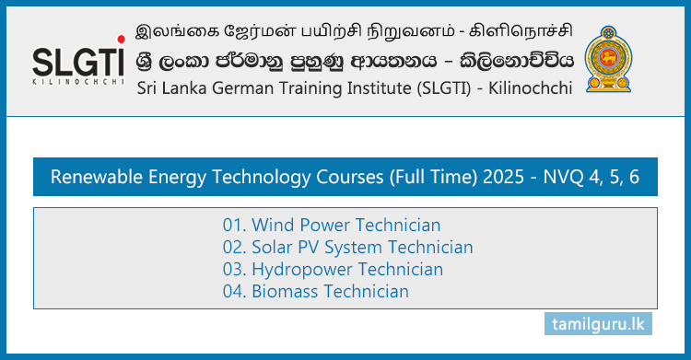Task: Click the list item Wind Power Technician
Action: pos(332,226)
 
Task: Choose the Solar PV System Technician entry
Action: pos(347,248)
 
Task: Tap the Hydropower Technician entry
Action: pos(333,270)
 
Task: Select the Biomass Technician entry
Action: pos(315,292)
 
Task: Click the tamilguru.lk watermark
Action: pos(595,325)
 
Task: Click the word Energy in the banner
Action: pos(174,177)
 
